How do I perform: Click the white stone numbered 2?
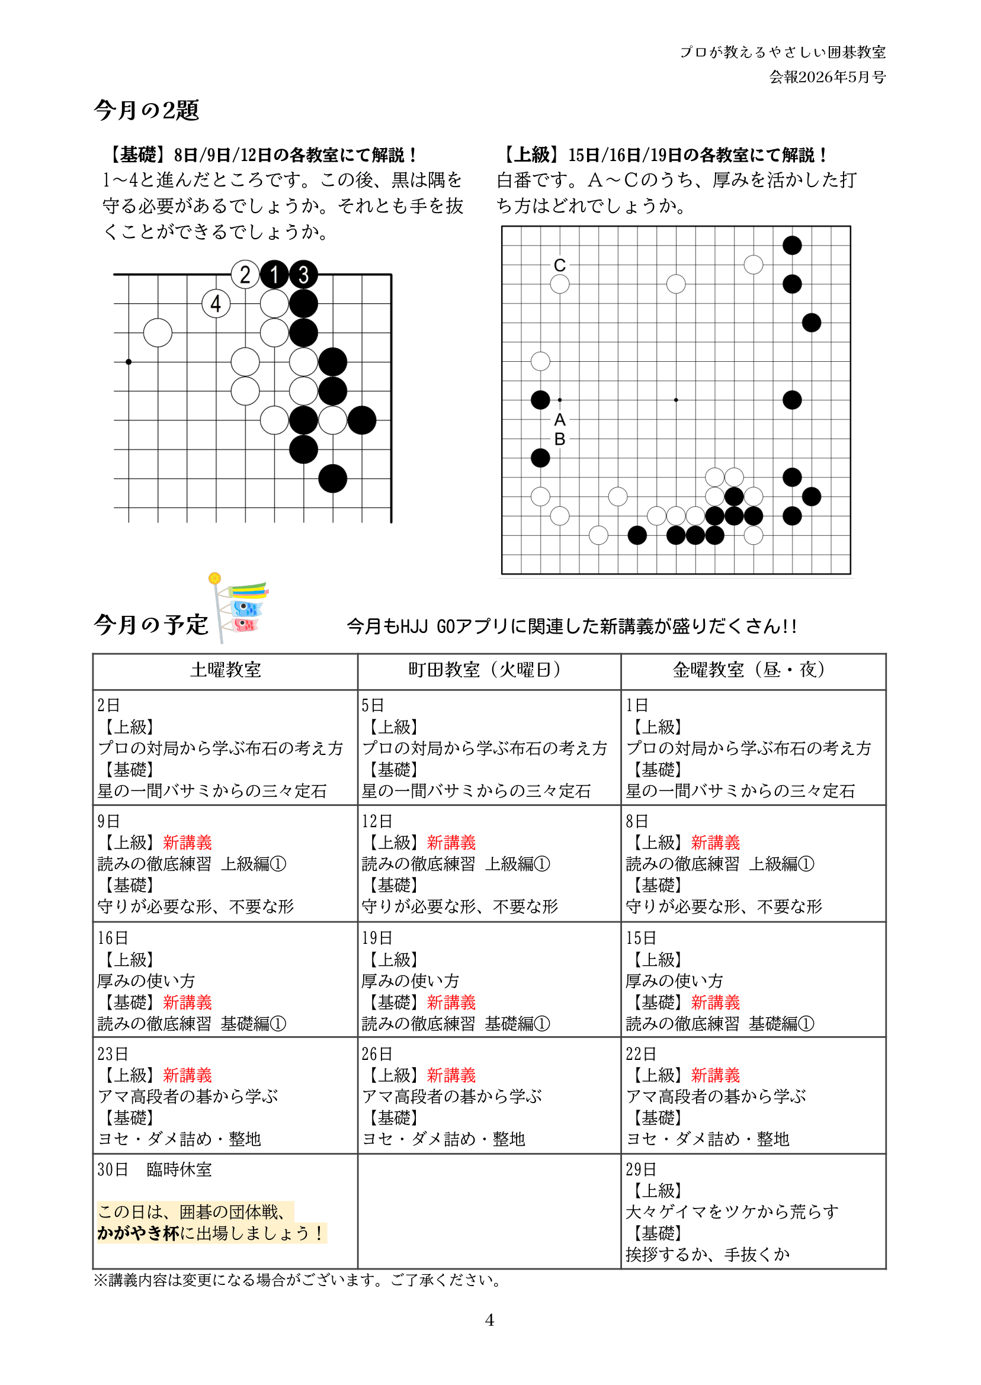pos(245,275)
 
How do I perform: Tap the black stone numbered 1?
pos(274,275)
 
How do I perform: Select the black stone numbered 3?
pos(303,275)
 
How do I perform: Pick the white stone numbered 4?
pos(216,304)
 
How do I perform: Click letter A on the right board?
pos(560,420)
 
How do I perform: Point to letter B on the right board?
pos(560,439)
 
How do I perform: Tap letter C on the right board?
pos(560,265)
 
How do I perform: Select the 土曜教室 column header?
pos(225,670)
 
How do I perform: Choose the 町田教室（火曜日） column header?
pos(489,670)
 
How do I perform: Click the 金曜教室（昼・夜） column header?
pos(753,670)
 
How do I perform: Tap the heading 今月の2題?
pos(146,111)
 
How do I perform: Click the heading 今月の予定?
pos(151,624)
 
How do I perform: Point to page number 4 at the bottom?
pos(489,1320)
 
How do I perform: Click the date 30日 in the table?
pos(113,1169)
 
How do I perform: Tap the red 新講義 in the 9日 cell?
pos(187,843)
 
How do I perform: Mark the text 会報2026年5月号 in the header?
pos(827,78)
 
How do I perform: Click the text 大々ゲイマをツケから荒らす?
pos(732,1212)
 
